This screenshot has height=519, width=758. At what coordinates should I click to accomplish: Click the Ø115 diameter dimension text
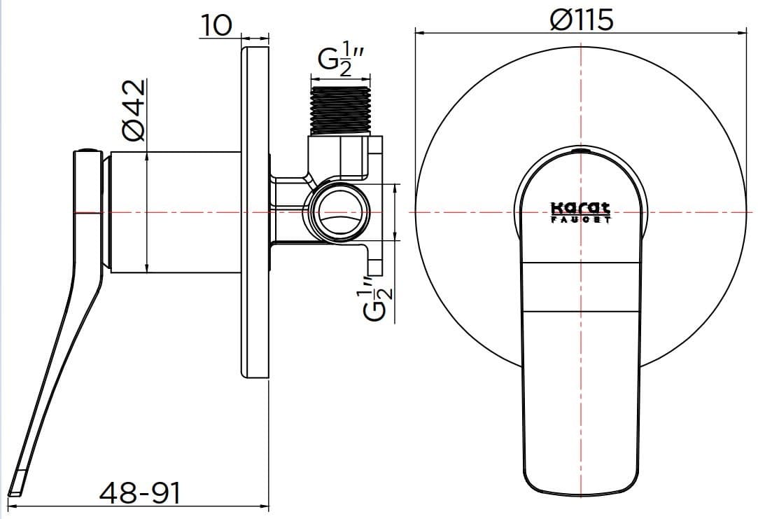[582, 18]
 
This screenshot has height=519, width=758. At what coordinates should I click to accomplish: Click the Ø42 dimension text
[133, 110]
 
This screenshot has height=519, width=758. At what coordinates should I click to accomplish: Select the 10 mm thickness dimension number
[216, 25]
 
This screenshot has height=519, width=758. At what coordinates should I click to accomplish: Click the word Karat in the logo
[580, 208]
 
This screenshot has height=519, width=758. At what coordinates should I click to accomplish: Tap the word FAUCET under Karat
[580, 219]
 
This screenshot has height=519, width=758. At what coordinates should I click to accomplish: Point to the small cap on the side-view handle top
[87, 149]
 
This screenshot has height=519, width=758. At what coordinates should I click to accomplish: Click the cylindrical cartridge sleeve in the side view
[175, 212]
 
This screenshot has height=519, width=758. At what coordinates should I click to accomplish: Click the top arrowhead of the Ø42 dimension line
[146, 157]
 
